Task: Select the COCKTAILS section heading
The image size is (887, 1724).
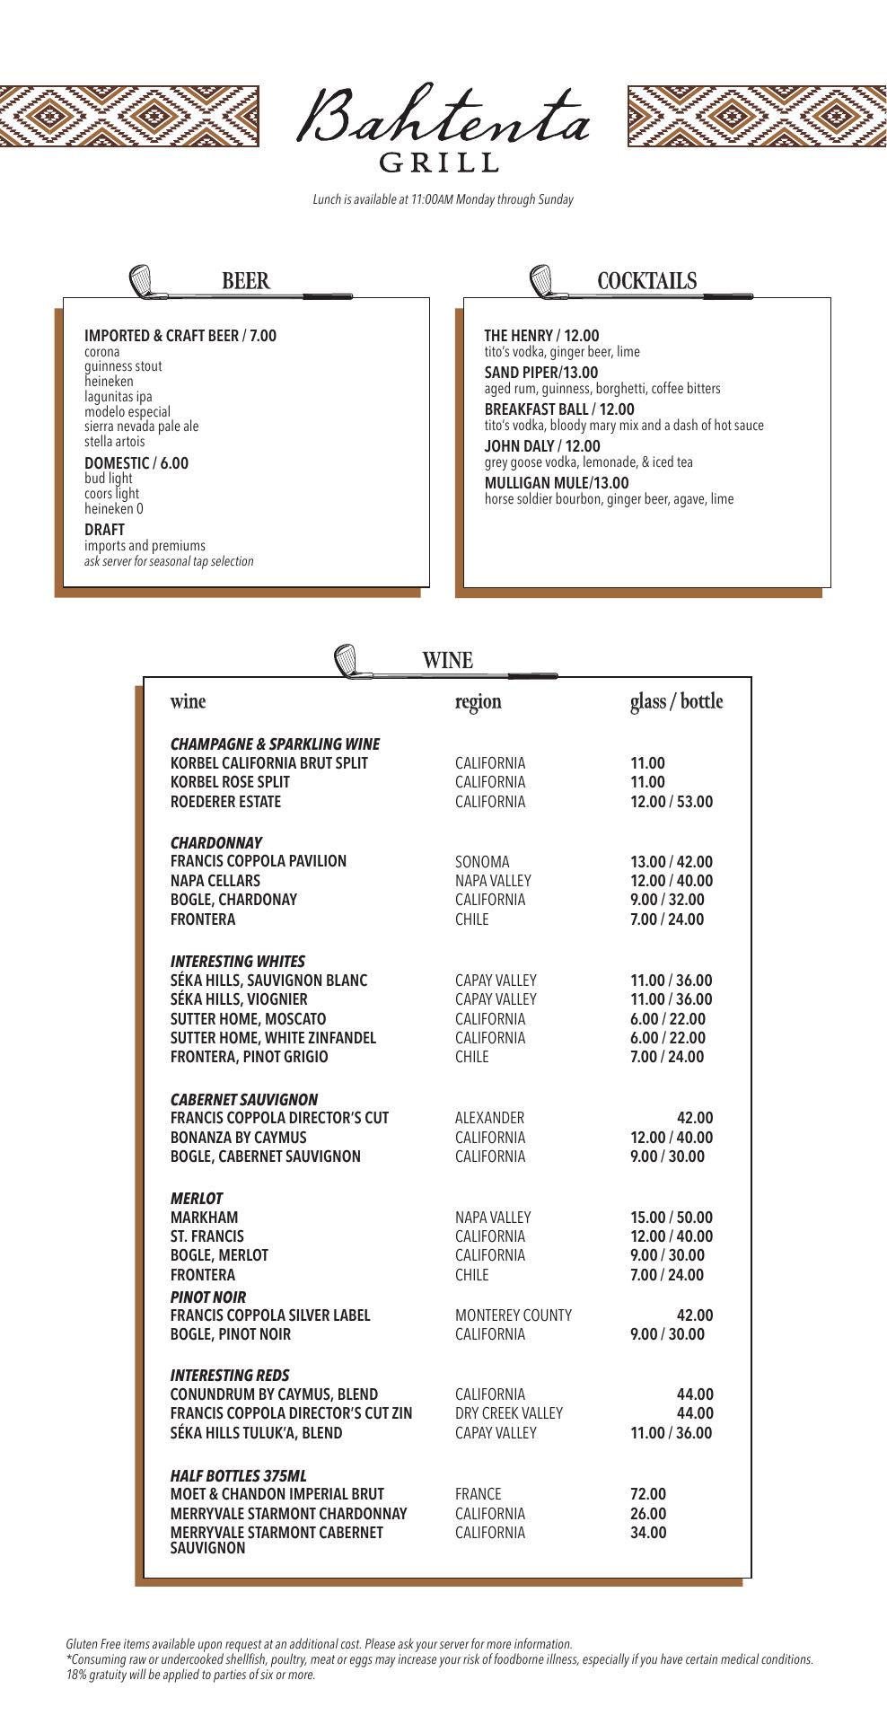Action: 646,281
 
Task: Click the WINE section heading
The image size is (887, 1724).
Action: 447,661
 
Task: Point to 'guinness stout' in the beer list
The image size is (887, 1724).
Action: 123,366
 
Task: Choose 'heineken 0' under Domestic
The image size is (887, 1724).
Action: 114,509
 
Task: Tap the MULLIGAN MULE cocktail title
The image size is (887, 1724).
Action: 556,483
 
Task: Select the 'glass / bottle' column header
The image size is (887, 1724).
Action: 676,701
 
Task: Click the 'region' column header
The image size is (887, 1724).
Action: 478,701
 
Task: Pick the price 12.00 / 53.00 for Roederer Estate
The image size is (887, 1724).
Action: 672,802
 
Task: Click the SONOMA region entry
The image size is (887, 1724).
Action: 482,862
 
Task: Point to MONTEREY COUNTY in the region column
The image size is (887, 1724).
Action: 513,1315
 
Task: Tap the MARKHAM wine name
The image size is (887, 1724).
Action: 205,1218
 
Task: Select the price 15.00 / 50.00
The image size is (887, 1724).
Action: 672,1218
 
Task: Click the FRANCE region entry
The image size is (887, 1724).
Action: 478,1494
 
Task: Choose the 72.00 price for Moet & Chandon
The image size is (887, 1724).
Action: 648,1494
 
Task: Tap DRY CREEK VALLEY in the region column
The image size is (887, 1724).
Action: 508,1413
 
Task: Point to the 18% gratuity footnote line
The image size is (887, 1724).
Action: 190,1675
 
